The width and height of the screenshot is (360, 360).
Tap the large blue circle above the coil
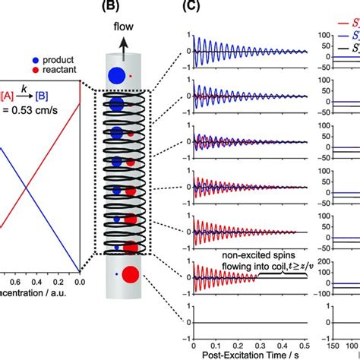coord(117,76)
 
